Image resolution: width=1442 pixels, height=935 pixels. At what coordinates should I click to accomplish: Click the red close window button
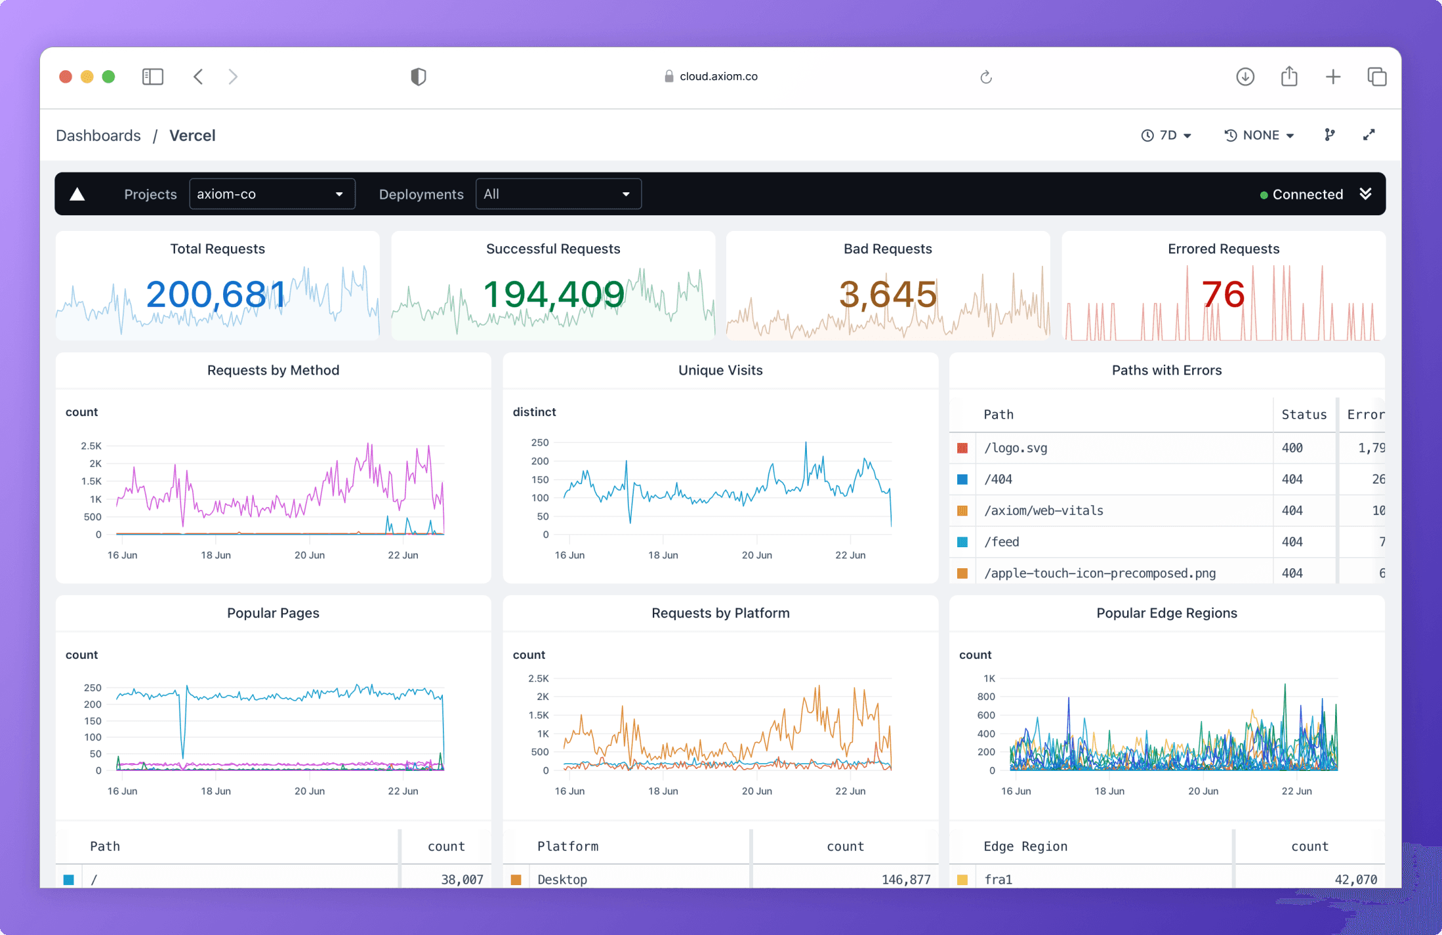(66, 77)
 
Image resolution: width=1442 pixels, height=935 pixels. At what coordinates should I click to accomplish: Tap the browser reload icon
(985, 77)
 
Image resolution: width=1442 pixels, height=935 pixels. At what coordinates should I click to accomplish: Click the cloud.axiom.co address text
(718, 76)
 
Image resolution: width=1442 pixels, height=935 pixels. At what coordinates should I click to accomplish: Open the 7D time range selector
(1166, 135)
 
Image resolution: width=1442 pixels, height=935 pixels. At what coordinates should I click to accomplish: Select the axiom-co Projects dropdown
(272, 194)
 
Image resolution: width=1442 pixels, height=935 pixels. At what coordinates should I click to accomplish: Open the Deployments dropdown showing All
(558, 194)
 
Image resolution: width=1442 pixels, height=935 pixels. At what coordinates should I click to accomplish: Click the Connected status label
(1307, 194)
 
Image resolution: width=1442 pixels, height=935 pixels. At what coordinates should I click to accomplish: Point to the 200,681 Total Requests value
(216, 294)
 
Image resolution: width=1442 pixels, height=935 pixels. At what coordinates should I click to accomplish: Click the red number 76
(1223, 294)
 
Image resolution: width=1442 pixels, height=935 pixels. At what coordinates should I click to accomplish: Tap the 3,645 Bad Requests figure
(888, 294)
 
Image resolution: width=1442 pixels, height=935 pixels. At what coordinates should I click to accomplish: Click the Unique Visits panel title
(720, 370)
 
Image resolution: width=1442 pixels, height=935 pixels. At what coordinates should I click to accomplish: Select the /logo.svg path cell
(1016, 448)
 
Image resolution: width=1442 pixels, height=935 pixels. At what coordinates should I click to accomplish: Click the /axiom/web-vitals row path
(1044, 510)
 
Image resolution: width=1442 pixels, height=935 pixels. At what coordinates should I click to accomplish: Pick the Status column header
(1304, 415)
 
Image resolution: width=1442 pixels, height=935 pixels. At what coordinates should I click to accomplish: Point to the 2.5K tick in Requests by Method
(91, 446)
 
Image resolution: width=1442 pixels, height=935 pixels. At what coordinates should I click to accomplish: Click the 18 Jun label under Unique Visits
(663, 555)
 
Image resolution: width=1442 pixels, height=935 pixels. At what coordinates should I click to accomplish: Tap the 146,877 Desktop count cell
(905, 879)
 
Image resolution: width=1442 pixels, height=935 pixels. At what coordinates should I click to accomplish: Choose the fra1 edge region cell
(998, 879)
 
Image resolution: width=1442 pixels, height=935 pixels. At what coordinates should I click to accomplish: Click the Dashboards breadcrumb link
(98, 136)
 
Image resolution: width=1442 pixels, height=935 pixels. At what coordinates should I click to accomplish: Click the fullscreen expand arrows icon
(1369, 135)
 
